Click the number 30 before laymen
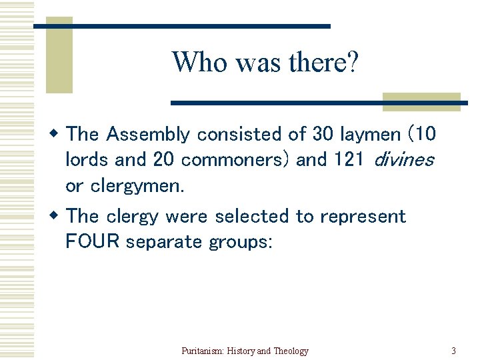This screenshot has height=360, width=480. (323, 135)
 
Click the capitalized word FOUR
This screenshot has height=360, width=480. (93, 241)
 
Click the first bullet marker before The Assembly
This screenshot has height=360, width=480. (56, 134)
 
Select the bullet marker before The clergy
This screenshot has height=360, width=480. (56, 216)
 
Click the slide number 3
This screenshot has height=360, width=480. (453, 351)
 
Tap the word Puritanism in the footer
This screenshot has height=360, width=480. (203, 351)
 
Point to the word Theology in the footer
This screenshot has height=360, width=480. (291, 351)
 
